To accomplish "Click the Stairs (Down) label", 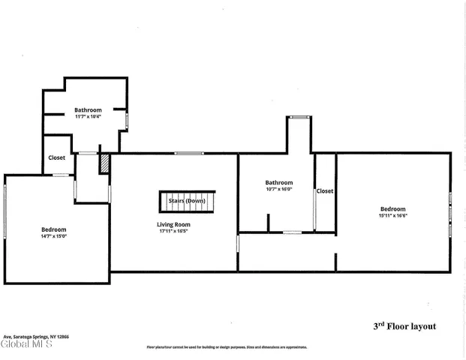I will click(x=187, y=201).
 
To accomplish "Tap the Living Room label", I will click(x=173, y=224).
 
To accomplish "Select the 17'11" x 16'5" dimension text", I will click(x=173, y=231).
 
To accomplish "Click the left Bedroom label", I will click(x=53, y=229).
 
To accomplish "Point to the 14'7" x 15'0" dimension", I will click(x=53, y=236).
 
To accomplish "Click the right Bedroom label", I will click(x=392, y=209).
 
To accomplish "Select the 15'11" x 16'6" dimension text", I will click(x=392, y=216).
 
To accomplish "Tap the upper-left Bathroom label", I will click(x=88, y=110).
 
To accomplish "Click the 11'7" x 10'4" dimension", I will click(x=88, y=117).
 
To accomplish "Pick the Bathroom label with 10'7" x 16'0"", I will click(x=278, y=182).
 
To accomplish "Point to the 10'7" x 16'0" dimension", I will click(x=278, y=189).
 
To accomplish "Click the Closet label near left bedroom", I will click(x=56, y=157).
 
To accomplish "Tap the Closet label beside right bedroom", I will click(x=325, y=191).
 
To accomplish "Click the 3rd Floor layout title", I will click(x=404, y=326).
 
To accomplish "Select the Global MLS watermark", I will click(x=26, y=345).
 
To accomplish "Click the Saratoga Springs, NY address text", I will click(x=30, y=337).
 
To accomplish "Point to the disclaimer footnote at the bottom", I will click(x=226, y=347).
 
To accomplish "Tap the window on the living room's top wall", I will click(x=189, y=154).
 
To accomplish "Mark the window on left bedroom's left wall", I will click(x=5, y=209).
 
